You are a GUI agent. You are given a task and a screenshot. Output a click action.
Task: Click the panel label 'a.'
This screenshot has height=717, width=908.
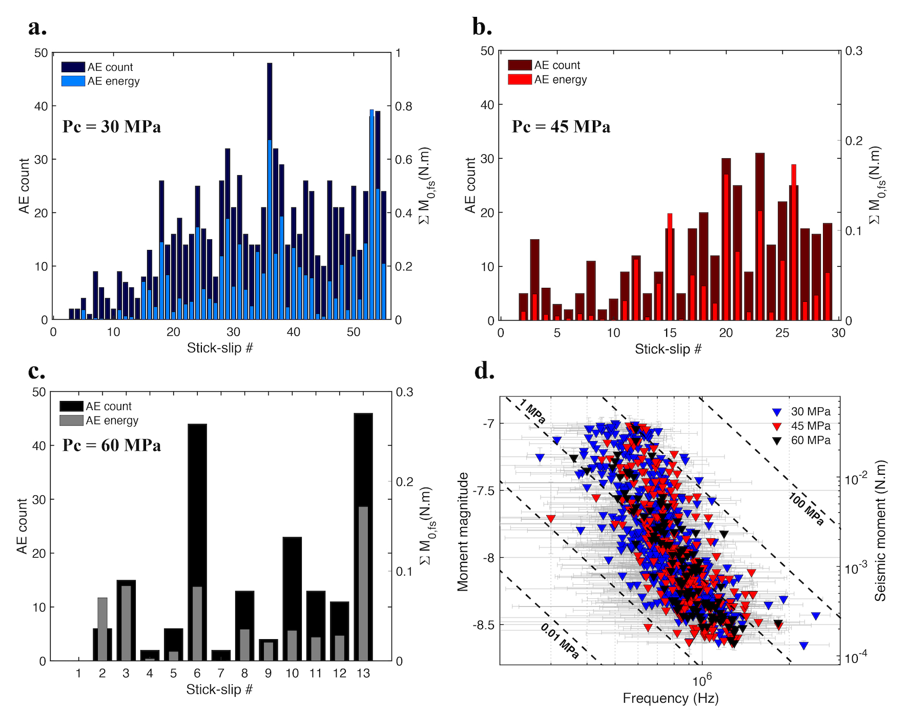[x=37, y=28]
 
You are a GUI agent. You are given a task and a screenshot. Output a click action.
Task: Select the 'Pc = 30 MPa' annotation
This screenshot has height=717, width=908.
[x=111, y=126]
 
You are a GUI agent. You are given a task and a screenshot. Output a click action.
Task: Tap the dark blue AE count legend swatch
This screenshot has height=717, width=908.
[x=73, y=67]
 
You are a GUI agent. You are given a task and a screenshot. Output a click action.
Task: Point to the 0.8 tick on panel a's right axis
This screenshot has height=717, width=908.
[x=403, y=107]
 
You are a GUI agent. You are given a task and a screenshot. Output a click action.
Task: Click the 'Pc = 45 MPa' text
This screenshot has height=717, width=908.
[x=561, y=126]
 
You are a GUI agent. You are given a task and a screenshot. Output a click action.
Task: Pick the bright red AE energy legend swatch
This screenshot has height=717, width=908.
[x=520, y=79]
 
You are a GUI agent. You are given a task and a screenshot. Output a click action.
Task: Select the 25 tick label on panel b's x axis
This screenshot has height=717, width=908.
[x=782, y=333]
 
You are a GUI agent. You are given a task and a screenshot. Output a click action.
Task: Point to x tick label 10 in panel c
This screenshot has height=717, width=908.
[x=292, y=673]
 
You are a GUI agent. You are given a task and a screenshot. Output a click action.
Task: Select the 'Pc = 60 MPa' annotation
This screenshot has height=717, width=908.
[x=111, y=445]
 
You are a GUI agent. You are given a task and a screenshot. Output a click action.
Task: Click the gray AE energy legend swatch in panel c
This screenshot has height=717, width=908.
[x=71, y=420]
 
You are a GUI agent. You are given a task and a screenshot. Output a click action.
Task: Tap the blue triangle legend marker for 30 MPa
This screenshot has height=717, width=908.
[x=777, y=412]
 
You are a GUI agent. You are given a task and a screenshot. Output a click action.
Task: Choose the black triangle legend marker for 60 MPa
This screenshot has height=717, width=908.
[x=777, y=441]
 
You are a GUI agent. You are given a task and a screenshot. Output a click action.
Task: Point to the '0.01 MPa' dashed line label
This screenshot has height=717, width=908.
[x=560, y=641]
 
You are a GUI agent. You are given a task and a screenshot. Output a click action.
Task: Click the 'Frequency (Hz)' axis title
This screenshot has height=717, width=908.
[x=670, y=698]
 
